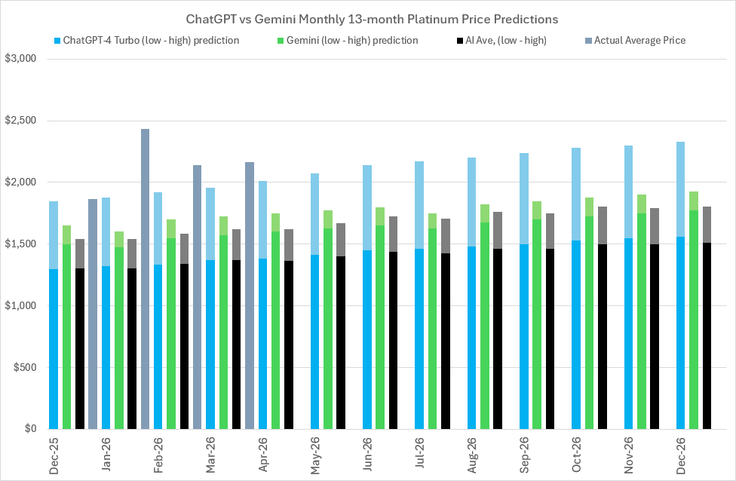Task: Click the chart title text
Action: [367, 17]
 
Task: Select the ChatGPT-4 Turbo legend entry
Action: [147, 40]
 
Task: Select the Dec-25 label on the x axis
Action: [54, 457]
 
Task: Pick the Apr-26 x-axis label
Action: [262, 457]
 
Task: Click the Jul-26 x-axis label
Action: [419, 457]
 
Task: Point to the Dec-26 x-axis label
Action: [681, 457]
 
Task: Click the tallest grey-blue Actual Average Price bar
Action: [145, 279]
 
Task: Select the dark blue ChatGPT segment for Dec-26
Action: [681, 332]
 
